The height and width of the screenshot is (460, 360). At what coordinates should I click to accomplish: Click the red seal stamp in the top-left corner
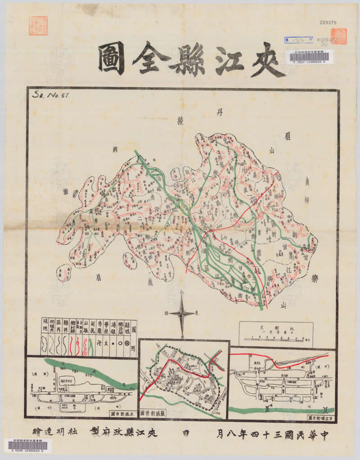click(38, 26)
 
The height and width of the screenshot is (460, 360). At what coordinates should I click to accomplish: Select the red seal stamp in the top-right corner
click(338, 36)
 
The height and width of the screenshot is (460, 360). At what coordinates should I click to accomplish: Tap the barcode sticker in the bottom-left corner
click(28, 446)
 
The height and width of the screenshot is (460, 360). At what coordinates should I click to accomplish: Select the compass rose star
click(182, 313)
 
